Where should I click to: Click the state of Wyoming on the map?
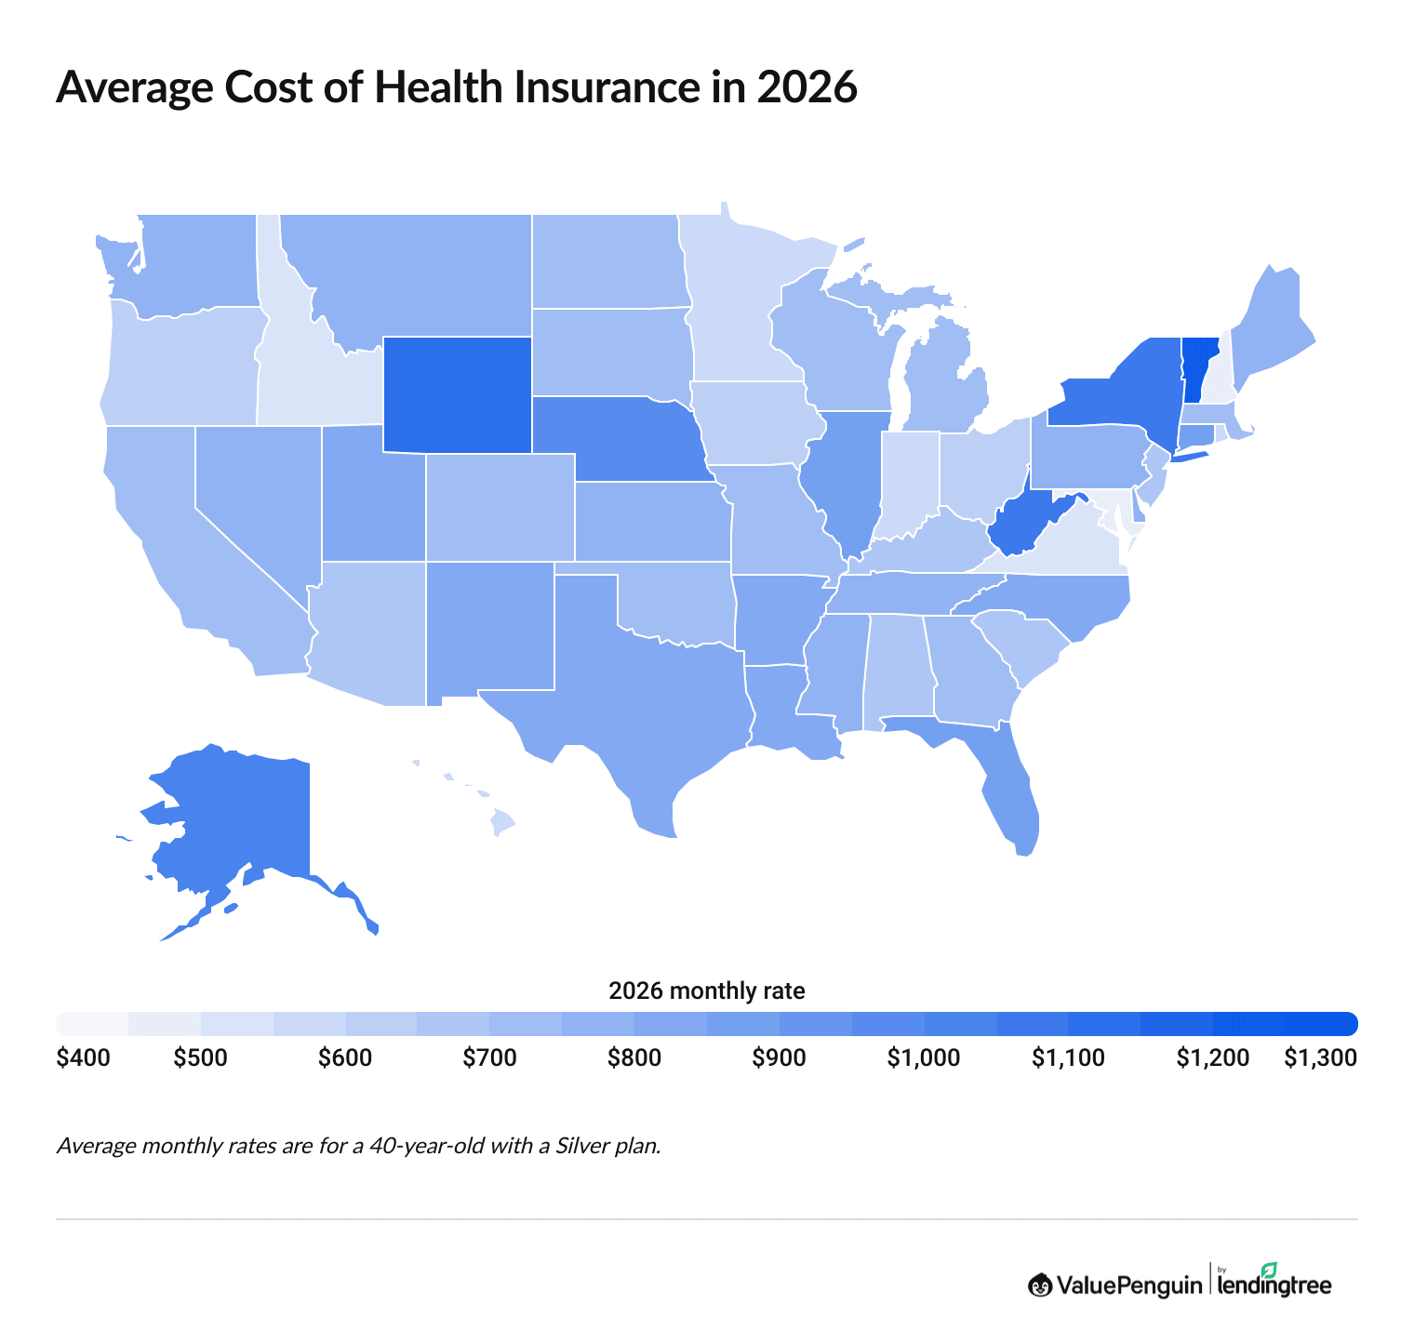pyautogui.click(x=457, y=394)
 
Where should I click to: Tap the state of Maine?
pyautogui.click(x=1270, y=326)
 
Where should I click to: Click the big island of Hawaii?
pyautogui.click(x=502, y=822)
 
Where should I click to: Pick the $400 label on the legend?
pyautogui.click(x=83, y=1058)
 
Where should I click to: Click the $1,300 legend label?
pyautogui.click(x=1320, y=1058)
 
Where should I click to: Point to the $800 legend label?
pyautogui.click(x=634, y=1058)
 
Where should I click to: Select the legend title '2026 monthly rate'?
pyautogui.click(x=706, y=991)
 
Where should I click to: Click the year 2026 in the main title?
pyautogui.click(x=806, y=87)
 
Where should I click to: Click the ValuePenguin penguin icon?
pyautogui.click(x=1040, y=1285)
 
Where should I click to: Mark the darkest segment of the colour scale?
pyautogui.click(x=1321, y=1023)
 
